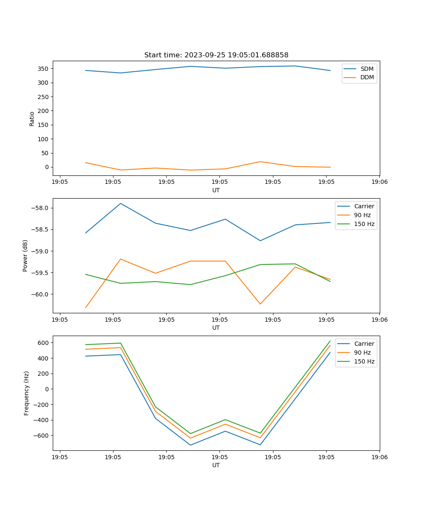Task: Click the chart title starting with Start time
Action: pos(216,55)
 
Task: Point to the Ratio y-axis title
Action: pos(32,119)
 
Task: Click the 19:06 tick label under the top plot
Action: pos(379,182)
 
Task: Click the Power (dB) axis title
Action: pos(25,256)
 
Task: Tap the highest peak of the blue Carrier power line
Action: pos(121,203)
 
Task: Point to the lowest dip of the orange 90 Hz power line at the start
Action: pos(86,307)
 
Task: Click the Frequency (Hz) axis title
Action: pos(27,393)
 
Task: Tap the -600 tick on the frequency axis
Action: pos(41,436)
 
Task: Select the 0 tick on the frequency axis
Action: pos(46,389)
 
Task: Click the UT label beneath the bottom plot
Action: pos(216,465)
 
